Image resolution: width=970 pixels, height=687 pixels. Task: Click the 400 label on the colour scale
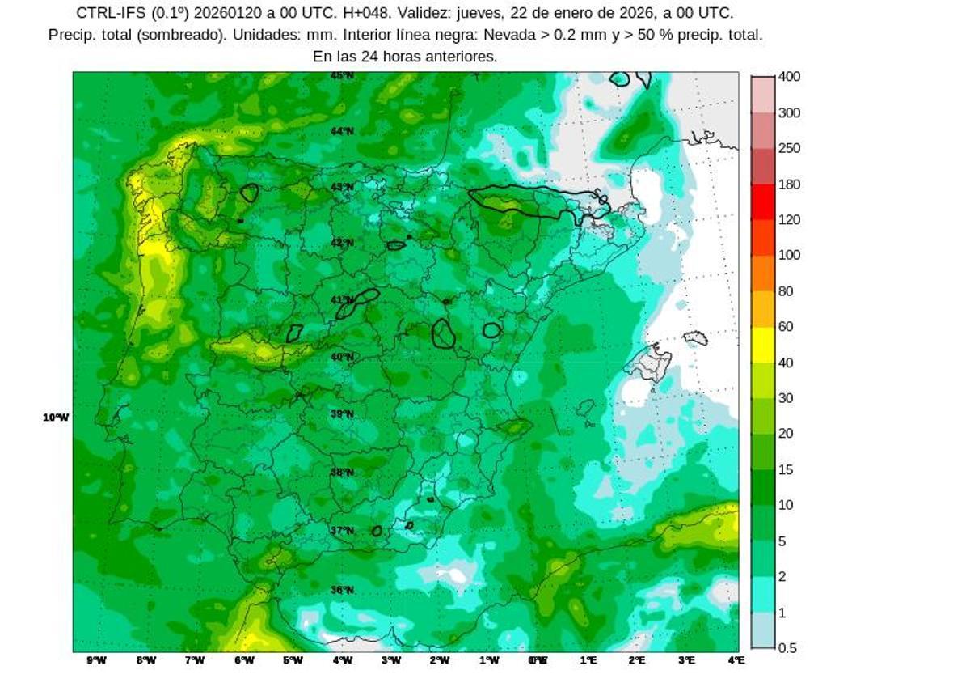(x=789, y=77)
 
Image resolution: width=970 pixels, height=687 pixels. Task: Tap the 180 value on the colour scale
(x=789, y=184)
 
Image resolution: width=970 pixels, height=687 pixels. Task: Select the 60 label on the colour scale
(x=785, y=327)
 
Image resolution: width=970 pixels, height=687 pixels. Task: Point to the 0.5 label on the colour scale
(x=787, y=648)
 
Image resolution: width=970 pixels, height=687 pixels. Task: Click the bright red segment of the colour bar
(x=763, y=202)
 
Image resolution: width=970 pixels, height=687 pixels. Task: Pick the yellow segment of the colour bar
(x=763, y=345)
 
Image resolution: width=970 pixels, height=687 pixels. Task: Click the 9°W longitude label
(x=96, y=660)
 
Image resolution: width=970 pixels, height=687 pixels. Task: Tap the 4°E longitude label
(x=736, y=660)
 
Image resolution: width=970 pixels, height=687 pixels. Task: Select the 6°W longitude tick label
(x=244, y=660)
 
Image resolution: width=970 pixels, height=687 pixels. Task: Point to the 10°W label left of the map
(x=56, y=418)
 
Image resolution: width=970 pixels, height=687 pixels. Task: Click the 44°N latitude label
(x=342, y=131)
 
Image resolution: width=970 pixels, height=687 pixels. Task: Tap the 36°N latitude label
(x=342, y=590)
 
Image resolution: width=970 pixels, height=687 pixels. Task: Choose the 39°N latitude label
(x=342, y=414)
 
